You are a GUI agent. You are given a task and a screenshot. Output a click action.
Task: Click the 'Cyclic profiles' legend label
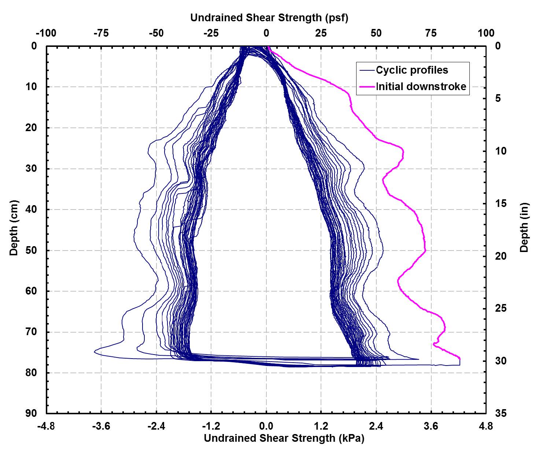(x=412, y=70)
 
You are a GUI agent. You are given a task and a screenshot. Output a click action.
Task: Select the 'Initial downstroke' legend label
(x=421, y=86)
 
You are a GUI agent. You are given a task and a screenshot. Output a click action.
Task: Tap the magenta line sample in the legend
(x=367, y=87)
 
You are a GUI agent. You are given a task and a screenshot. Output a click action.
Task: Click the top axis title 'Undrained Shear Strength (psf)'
(x=269, y=17)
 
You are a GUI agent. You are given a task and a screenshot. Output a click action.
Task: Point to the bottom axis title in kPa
(x=284, y=438)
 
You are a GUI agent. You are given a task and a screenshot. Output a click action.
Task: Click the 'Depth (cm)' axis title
(x=14, y=227)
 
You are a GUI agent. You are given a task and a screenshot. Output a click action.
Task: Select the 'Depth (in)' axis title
(x=524, y=227)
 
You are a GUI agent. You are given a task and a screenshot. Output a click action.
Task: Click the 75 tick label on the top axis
(x=431, y=33)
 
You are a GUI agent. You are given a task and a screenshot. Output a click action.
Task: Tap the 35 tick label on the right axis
(x=501, y=413)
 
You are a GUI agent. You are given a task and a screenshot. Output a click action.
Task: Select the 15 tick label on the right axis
(x=501, y=203)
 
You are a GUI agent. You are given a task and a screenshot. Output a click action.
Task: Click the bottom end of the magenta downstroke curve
(x=459, y=364)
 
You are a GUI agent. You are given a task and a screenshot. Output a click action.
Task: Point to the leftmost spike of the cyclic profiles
(x=95, y=352)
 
